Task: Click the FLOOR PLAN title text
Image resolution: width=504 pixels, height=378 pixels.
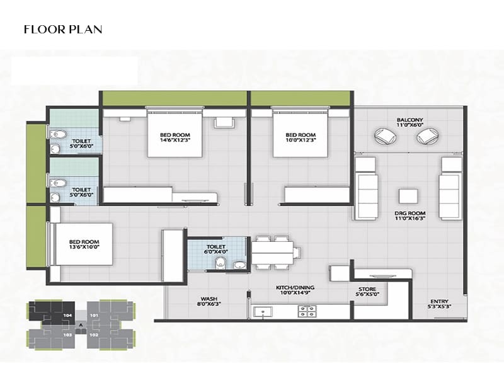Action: [x=62, y=30]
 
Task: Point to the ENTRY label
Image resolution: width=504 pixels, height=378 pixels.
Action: [x=439, y=304]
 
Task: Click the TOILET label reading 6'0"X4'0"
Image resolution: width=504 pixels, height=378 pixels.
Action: [x=216, y=249]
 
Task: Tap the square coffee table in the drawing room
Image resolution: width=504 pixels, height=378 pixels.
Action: [x=408, y=196]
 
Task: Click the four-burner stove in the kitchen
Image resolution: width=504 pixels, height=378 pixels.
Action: [x=307, y=311]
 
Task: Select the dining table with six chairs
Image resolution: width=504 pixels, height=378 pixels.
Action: [x=273, y=253]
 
